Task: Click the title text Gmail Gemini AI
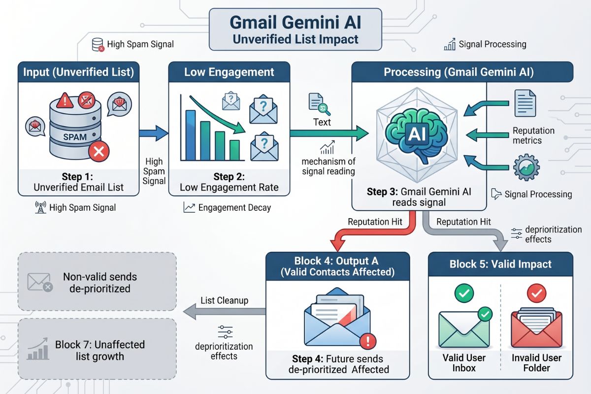point(295,23)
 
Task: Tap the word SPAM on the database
point(75,136)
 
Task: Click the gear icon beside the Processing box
point(526,167)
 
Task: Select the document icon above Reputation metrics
point(525,102)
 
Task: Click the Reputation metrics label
point(533,135)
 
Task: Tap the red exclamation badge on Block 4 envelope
point(367,341)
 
